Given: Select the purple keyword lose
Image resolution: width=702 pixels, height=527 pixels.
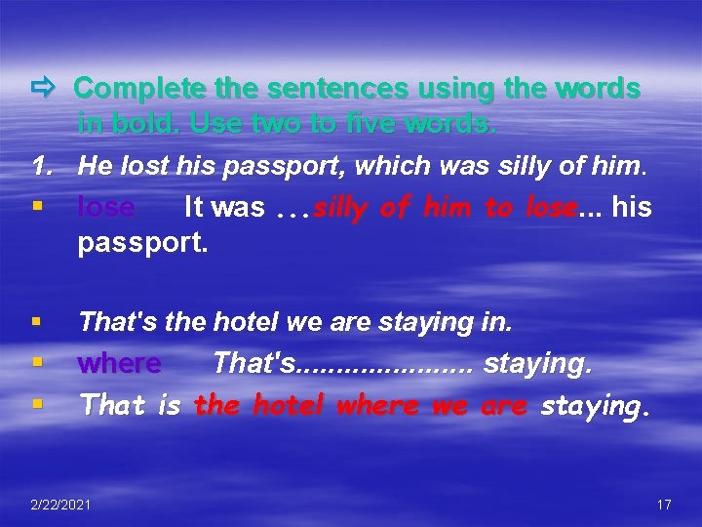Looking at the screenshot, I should tap(106, 207).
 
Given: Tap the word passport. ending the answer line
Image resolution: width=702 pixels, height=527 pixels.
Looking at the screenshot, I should tap(142, 242).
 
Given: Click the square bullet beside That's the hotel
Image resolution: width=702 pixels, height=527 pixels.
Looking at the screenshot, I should tap(36, 320).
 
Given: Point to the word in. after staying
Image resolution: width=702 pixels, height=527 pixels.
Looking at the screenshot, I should tap(497, 320).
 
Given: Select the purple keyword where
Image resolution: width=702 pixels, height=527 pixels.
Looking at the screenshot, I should tap(120, 363).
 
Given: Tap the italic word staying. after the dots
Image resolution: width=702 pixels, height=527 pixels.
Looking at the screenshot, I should tap(537, 363).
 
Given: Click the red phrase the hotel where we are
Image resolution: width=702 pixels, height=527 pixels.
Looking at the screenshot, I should tap(361, 404).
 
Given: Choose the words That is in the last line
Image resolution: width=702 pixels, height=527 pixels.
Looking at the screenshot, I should tap(131, 404).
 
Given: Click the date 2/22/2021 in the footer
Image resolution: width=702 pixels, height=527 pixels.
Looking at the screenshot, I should tap(61, 504).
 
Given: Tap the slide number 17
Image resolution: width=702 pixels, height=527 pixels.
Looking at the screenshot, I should tap(664, 504).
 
